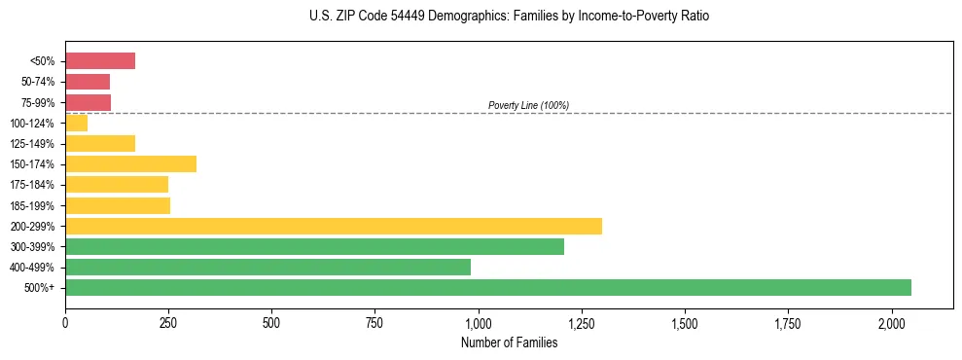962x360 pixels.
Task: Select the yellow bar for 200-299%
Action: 334,226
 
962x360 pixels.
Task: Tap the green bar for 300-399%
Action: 314,246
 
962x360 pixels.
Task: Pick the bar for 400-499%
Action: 267,267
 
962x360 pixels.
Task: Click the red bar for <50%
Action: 100,61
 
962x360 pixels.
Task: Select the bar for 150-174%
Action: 130,163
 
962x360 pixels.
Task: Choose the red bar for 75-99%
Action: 88,102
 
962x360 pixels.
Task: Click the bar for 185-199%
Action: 118,205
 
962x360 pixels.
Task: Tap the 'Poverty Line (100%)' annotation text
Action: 528,105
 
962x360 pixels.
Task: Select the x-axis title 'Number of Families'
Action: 510,342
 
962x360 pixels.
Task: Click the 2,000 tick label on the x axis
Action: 892,323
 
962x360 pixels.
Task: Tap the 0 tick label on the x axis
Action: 65,323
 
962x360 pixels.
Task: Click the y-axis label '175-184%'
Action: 33,185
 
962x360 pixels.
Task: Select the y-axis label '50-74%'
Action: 37,82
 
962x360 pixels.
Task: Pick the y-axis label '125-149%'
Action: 33,143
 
